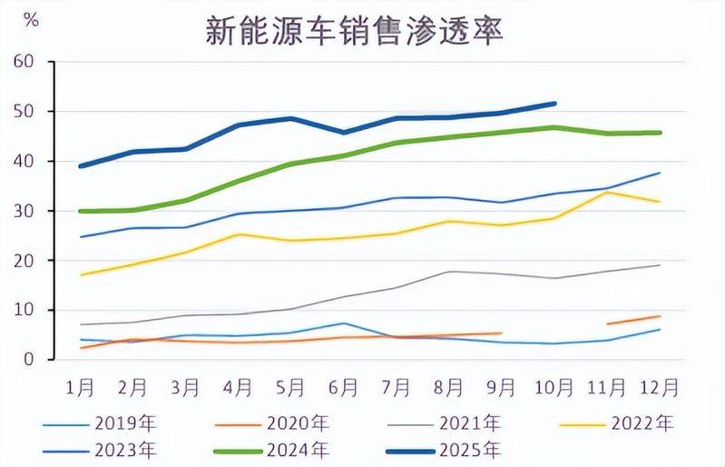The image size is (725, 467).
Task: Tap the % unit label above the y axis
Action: (31, 21)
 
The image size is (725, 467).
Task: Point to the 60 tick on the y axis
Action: (24, 62)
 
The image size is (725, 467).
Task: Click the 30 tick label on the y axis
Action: (24, 211)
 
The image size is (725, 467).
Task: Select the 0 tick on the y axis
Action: (28, 360)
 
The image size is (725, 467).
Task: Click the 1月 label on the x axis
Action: (81, 387)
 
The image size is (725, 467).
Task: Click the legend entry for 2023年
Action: (123, 449)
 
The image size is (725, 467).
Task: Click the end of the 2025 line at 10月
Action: (554, 104)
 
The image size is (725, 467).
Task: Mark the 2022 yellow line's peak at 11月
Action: (607, 193)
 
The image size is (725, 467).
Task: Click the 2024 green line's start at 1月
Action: (82, 211)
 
